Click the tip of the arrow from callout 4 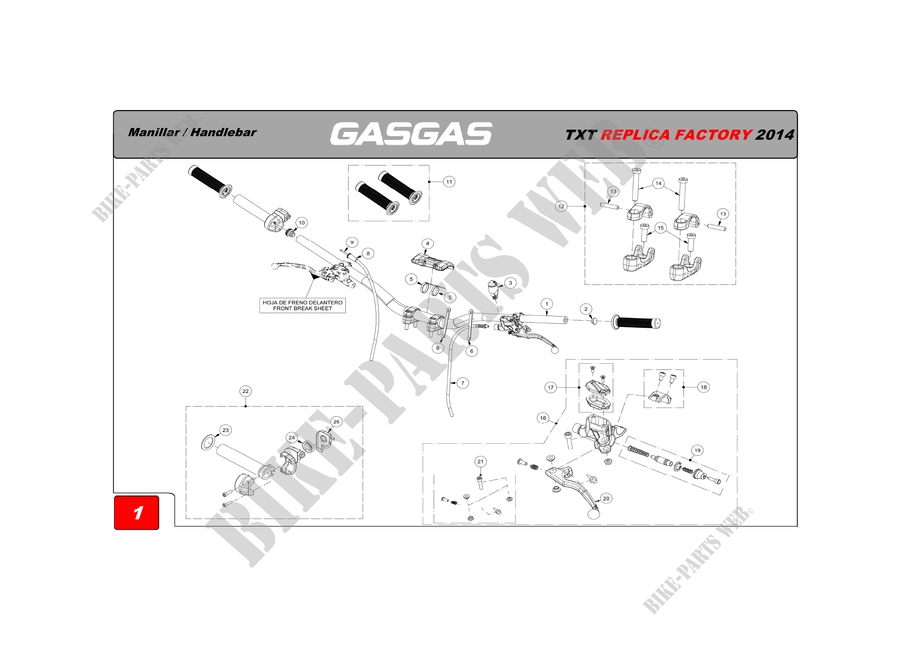point(426,255)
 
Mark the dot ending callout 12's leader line point(585,206)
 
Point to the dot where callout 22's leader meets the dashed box point(246,406)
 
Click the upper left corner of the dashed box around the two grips point(348,165)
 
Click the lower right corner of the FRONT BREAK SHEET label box point(345,313)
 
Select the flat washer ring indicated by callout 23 point(208,442)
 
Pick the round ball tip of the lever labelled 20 point(593,514)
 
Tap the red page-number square point(136,513)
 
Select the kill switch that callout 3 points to point(493,288)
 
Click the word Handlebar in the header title point(223,132)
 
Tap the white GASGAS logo point(411,133)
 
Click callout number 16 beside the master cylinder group point(543,418)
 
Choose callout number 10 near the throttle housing point(302,223)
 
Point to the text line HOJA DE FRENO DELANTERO point(303,302)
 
